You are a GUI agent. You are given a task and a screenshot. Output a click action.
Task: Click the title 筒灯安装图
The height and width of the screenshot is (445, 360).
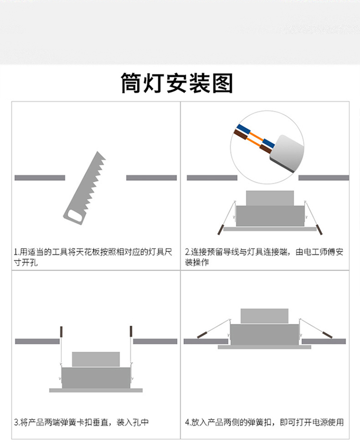coord(177,83)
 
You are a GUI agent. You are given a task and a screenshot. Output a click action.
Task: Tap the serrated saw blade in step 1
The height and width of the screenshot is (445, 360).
coord(88,181)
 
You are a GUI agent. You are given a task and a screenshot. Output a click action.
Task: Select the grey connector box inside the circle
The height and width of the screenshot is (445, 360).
coord(286,153)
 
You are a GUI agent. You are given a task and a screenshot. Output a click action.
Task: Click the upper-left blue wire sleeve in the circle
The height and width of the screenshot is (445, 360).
coord(244,130)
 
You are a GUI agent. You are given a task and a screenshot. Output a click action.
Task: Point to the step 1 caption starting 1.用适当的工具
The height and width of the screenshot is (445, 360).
coord(93,257)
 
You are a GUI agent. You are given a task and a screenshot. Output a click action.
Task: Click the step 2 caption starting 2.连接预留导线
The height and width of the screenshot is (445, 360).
coord(264,257)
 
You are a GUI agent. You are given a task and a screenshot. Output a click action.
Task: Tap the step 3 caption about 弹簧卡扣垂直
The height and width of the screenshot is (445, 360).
coord(81,422)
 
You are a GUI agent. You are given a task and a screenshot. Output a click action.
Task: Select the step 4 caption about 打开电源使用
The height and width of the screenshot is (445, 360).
coord(264,422)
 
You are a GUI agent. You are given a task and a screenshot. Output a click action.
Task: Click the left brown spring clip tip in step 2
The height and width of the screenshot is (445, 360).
coord(220,230)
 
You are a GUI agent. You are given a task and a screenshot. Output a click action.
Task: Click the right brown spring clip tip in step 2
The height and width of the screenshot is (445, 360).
coord(319,230)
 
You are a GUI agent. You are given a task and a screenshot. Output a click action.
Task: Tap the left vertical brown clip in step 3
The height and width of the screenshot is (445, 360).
coord(61,332)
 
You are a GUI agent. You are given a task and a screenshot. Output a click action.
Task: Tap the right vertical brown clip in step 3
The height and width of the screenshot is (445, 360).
coord(131,331)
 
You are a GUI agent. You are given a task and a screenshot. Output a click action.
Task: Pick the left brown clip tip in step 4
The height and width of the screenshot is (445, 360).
coord(202,335)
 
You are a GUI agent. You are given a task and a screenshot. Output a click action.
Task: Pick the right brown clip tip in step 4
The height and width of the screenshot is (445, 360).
coord(327,335)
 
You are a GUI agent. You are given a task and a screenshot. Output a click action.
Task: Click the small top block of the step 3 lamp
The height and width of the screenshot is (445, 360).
coord(96,359)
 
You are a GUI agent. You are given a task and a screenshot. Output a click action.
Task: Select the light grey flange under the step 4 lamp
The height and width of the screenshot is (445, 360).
coord(264,347)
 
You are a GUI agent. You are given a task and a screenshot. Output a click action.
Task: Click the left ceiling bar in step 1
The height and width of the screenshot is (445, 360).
coord(40,178)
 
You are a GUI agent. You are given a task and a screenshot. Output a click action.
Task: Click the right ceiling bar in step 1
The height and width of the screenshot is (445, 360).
coord(152,178)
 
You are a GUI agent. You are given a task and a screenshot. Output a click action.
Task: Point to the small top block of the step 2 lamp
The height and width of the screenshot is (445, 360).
coord(270,198)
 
